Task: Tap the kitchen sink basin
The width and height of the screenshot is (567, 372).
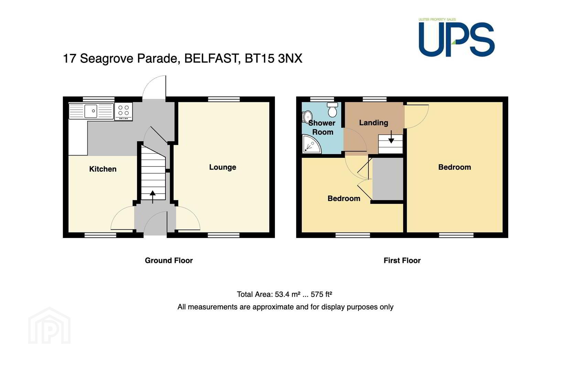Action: pyautogui.click(x=90, y=111)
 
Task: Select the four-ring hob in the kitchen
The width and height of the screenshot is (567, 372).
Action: pyautogui.click(x=124, y=111)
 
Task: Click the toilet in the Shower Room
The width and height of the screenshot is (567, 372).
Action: pyautogui.click(x=332, y=110)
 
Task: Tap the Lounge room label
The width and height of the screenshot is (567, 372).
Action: pyautogui.click(x=223, y=167)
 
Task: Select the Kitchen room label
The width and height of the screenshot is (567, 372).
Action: pyautogui.click(x=103, y=169)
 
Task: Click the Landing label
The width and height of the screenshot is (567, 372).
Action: pyautogui.click(x=374, y=123)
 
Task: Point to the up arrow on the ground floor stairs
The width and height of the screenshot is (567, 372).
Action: pyautogui.click(x=152, y=197)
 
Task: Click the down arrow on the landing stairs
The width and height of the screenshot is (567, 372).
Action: pyautogui.click(x=391, y=137)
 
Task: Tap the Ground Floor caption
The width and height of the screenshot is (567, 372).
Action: pyautogui.click(x=169, y=260)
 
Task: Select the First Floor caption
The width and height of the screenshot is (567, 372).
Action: pyautogui.click(x=402, y=260)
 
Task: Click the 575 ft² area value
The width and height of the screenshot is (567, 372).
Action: pyautogui.click(x=321, y=294)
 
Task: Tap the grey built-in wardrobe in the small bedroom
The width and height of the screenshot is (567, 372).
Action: pyautogui.click(x=387, y=179)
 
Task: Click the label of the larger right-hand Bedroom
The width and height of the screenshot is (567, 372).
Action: pyautogui.click(x=454, y=167)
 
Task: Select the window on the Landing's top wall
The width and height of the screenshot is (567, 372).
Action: pyautogui.click(x=375, y=99)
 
